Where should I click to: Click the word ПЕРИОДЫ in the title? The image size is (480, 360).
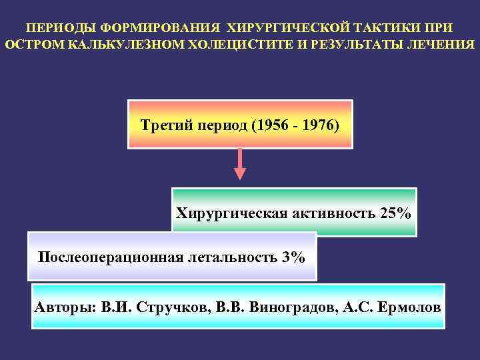(57, 29)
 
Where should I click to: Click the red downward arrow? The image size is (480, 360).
(239, 164)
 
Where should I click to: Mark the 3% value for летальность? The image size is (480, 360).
(293, 257)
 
